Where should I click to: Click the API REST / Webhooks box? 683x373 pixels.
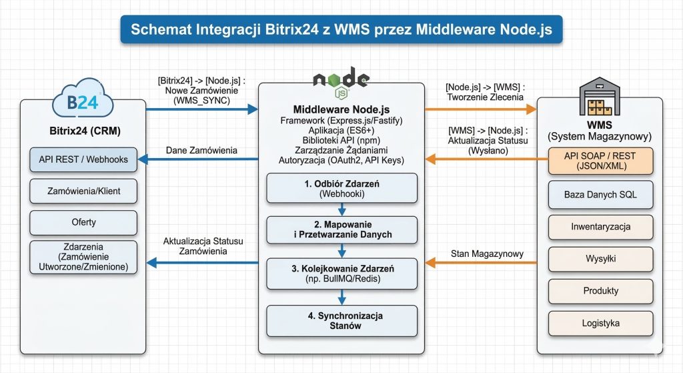coord(83,159)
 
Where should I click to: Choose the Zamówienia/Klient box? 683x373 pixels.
coord(83,191)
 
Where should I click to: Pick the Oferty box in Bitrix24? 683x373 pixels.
coord(83,222)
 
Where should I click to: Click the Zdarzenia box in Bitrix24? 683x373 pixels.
coord(83,257)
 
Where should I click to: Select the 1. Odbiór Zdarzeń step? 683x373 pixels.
coord(341,188)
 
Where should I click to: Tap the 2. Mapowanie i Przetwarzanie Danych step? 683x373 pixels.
coord(341,229)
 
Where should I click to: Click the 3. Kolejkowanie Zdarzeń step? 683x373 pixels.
coord(341,273)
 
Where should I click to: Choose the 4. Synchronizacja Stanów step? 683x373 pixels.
coord(341,320)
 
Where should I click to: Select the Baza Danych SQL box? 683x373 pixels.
coord(600,195)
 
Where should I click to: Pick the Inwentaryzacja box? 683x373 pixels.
coord(600,227)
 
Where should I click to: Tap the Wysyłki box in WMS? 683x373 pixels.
coord(600,259)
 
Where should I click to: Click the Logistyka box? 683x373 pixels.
coord(600,323)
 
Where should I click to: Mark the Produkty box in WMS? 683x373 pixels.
coord(600,291)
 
